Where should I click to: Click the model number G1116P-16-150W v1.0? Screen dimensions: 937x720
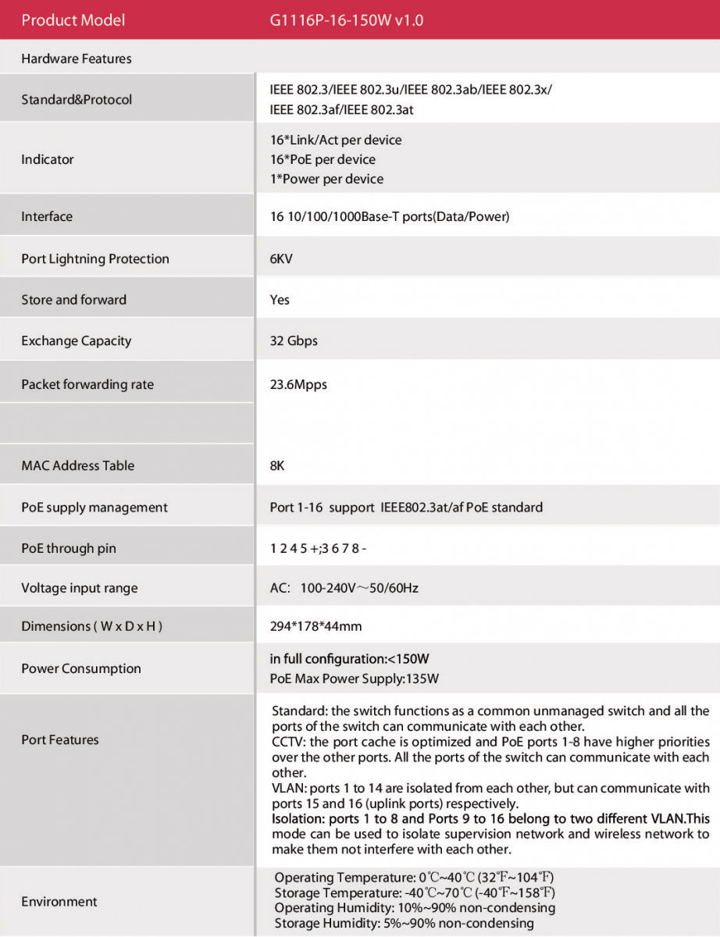click(347, 20)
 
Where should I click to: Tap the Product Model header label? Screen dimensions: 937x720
click(73, 20)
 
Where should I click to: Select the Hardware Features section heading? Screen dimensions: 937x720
click(77, 59)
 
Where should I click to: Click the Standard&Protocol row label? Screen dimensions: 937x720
click(77, 99)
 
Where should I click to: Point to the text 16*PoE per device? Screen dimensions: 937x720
click(323, 159)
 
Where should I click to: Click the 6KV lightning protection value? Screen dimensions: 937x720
click(281, 258)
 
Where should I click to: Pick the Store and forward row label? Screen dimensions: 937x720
click(73, 300)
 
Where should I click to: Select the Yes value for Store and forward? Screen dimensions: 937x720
click(280, 300)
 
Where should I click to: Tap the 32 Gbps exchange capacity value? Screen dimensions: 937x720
click(294, 341)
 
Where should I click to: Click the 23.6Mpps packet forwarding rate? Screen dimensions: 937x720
click(298, 384)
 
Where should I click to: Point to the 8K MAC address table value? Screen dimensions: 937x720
click(277, 465)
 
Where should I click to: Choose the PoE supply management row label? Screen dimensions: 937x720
click(94, 508)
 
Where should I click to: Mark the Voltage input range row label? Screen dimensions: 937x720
click(79, 588)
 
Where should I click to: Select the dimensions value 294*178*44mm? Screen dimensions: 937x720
click(315, 626)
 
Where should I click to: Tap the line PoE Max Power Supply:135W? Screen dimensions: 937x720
click(355, 679)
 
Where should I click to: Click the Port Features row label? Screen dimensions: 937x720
click(60, 739)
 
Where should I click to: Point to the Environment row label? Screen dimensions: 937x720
click(59, 902)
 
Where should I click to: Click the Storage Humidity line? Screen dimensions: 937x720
click(404, 923)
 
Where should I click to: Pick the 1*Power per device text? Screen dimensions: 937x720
click(326, 179)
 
